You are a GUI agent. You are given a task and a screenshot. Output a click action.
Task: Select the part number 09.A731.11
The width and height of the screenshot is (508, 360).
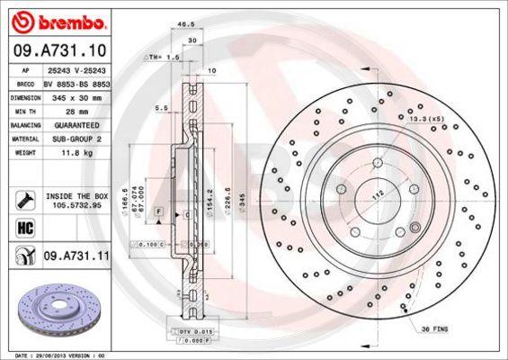tap(78, 256)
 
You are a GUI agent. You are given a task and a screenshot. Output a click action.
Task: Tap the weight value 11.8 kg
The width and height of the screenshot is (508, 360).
tap(78, 153)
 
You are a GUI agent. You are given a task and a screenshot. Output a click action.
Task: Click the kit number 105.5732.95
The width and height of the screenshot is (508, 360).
tap(77, 206)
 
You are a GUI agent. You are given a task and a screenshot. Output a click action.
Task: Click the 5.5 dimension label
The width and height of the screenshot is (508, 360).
tap(161, 108)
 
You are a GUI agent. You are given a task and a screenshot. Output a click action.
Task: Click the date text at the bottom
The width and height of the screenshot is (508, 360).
tap(54, 356)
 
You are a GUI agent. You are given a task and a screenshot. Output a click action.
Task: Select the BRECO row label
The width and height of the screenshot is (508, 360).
tap(27, 82)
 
